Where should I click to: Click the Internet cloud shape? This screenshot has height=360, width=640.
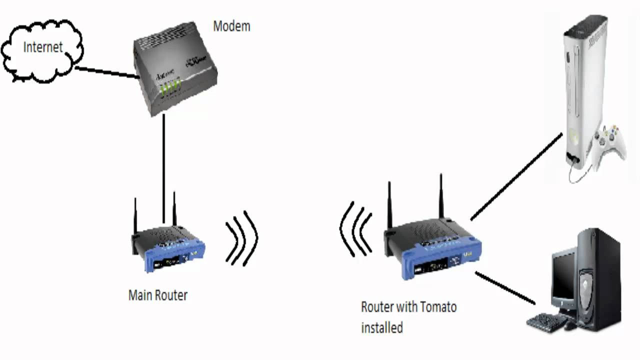click(x=42, y=55)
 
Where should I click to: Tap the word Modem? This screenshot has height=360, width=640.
click(x=231, y=26)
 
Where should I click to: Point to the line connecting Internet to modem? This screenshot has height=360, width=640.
click(x=106, y=72)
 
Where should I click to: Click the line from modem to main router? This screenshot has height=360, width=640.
click(x=163, y=165)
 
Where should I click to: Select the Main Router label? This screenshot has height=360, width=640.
click(x=157, y=295)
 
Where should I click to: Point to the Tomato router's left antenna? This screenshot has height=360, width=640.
click(x=389, y=205)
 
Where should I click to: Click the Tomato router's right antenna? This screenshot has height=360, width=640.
click(x=441, y=197)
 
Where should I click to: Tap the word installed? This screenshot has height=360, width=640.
click(x=382, y=328)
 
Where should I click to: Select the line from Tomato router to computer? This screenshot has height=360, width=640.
click(x=505, y=288)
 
